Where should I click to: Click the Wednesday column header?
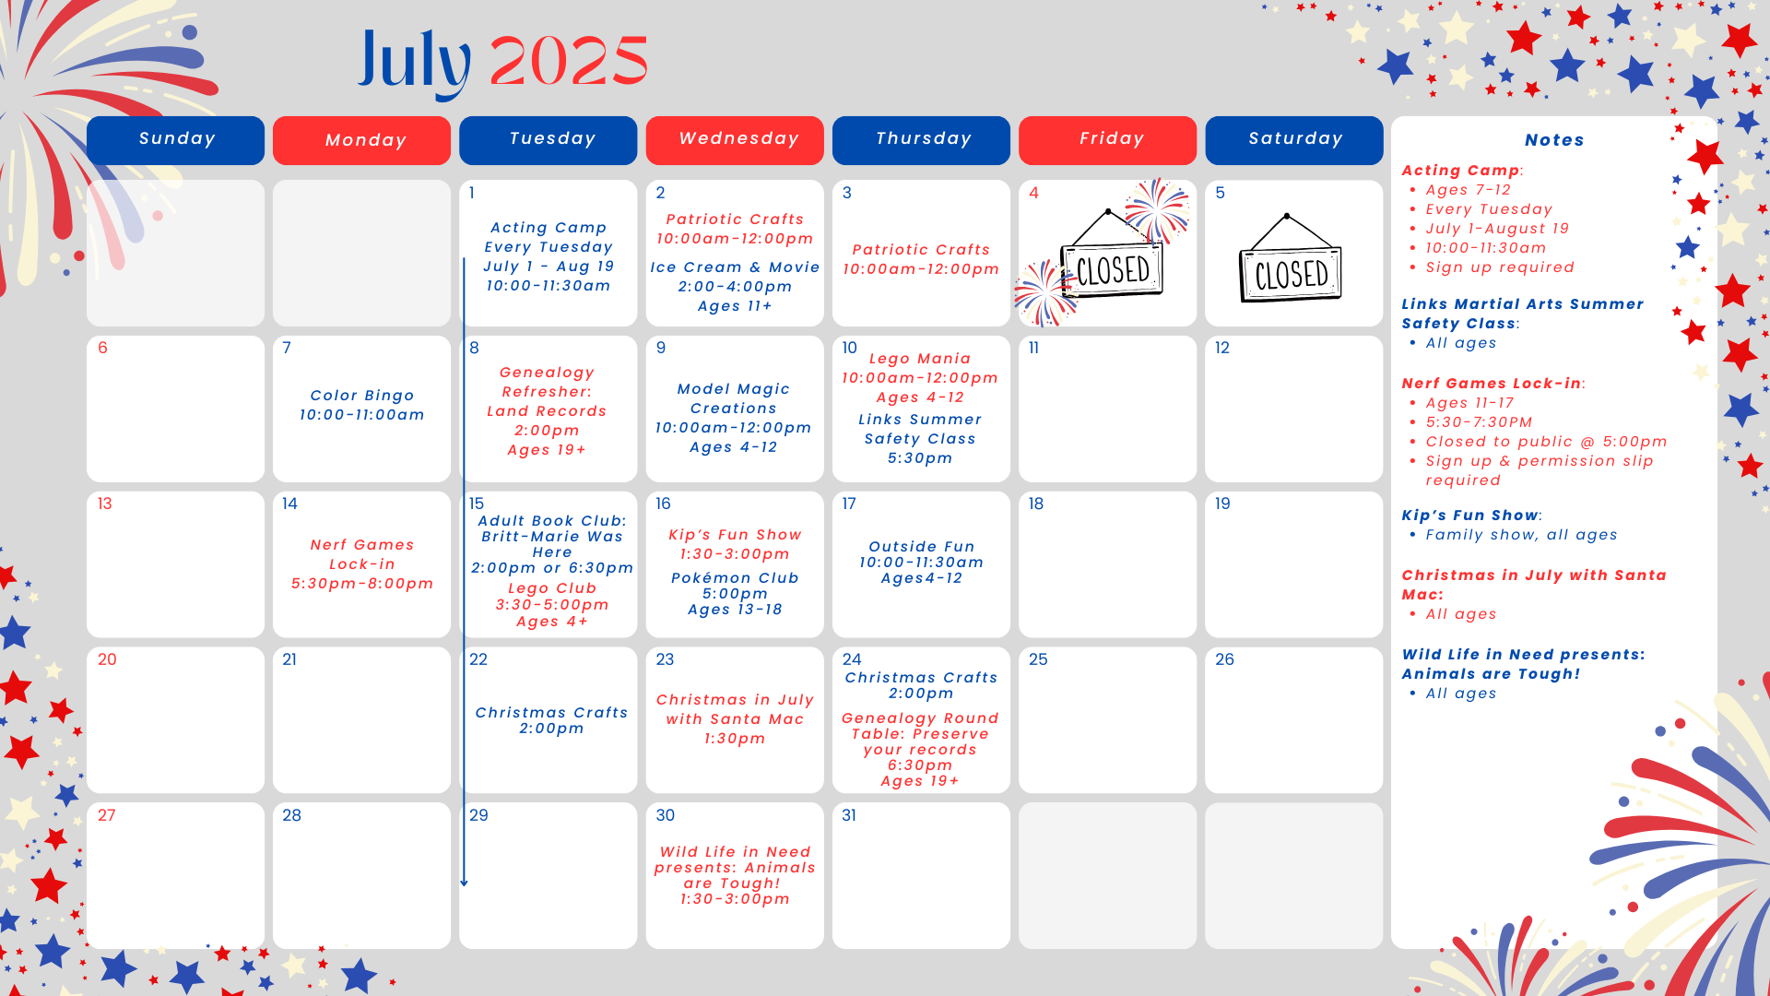pos(735,140)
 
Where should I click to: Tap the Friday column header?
pos(1107,140)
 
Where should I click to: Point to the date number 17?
pos(849,504)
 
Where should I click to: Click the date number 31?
pos(849,815)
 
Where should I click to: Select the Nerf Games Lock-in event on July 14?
pos(362,563)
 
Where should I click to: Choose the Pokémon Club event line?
pos(735,578)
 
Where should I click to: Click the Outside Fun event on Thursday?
pos(921,563)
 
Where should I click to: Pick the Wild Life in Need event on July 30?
pos(735,875)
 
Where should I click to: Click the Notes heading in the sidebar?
pos(1554,140)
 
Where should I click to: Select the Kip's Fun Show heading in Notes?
pos(1471,516)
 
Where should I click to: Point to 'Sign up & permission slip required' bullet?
pos(1540,470)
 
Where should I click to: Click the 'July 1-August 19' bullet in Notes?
pos(1497,229)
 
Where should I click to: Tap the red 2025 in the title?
pos(569,62)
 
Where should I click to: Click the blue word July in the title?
pos(414,62)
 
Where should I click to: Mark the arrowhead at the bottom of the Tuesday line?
pos(464,883)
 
